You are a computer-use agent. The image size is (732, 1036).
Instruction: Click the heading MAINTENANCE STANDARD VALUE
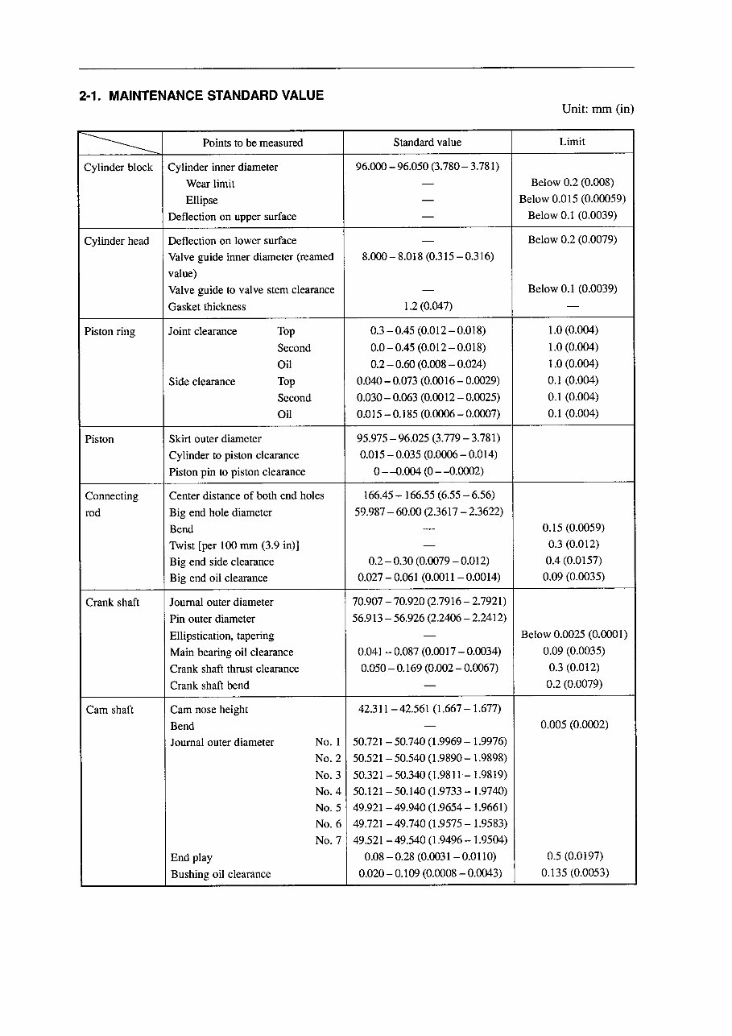[216, 96]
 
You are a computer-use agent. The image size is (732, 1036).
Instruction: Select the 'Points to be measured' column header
[252, 143]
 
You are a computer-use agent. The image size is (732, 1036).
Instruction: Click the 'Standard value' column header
[427, 143]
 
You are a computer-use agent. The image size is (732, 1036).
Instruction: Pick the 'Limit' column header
[572, 142]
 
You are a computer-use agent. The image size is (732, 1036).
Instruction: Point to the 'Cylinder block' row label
[118, 168]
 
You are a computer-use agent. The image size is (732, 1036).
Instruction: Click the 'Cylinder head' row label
[117, 241]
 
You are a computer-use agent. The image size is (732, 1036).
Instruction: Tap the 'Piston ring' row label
[110, 332]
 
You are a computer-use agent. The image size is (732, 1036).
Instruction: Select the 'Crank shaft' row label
[113, 603]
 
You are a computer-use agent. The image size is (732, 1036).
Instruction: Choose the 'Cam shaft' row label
[110, 710]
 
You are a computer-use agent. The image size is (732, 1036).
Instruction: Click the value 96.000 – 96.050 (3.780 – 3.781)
[427, 167]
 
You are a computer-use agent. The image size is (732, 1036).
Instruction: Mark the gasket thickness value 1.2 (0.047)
[428, 306]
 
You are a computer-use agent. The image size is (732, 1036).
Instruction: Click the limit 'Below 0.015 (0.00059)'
[572, 199]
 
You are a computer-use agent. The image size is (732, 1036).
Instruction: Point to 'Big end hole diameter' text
[221, 512]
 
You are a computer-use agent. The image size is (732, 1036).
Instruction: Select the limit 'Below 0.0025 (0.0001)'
[573, 635]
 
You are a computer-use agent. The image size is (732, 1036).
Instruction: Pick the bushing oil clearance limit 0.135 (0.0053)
[574, 872]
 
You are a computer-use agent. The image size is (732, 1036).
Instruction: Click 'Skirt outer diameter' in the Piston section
[215, 439]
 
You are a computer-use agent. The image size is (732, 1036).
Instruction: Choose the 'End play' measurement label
[191, 858]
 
